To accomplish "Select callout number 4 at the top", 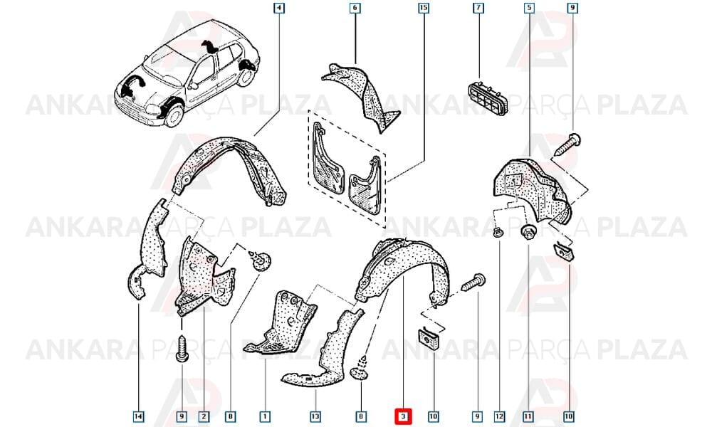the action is point(279,8).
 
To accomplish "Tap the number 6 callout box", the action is point(355,8).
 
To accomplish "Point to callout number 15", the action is point(423,8).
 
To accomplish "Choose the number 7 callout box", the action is point(478,8).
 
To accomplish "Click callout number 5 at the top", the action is point(529,8).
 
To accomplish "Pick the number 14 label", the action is point(139,416).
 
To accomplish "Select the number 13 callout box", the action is point(315,416).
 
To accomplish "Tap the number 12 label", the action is point(499,416).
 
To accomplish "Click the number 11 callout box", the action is point(528,416).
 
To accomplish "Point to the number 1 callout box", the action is point(265,416).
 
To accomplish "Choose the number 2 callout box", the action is point(204,416).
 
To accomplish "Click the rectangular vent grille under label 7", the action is point(488,97).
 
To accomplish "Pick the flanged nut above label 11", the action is point(528,232).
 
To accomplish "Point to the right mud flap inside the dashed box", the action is point(364,185).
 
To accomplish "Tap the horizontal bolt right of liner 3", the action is point(473,282).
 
